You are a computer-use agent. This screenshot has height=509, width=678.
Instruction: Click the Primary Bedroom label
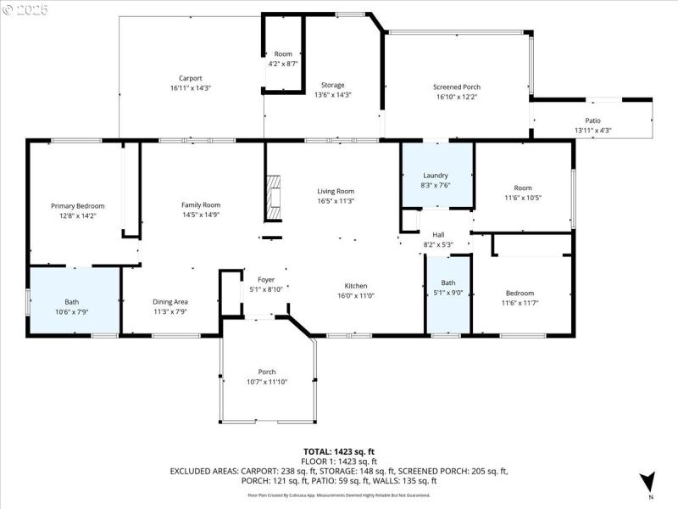[x=78, y=206]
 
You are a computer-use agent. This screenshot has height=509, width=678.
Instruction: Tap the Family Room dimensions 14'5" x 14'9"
[x=201, y=215]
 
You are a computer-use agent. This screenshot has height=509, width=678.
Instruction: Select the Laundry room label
[x=436, y=176]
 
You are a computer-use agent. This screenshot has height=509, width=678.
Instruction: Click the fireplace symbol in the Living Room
[x=271, y=197]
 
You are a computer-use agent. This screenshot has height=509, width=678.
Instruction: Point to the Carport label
[x=190, y=78]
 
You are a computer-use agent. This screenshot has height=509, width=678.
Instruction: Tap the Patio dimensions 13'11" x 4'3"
[x=592, y=131]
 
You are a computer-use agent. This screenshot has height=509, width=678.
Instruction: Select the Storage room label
[x=332, y=85]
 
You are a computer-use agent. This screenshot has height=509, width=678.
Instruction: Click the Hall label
[x=438, y=235]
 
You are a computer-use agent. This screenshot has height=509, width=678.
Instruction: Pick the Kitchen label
[x=355, y=286]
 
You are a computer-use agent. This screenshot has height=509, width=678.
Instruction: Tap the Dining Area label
[x=169, y=302]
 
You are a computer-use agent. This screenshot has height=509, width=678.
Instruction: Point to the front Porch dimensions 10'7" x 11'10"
[x=267, y=382]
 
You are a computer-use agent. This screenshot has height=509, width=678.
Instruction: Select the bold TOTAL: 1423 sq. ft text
[x=338, y=451]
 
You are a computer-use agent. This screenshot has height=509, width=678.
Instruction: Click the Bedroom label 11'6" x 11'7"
[x=520, y=294]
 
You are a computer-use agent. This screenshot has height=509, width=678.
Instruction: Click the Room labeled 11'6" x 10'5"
[x=522, y=193]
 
